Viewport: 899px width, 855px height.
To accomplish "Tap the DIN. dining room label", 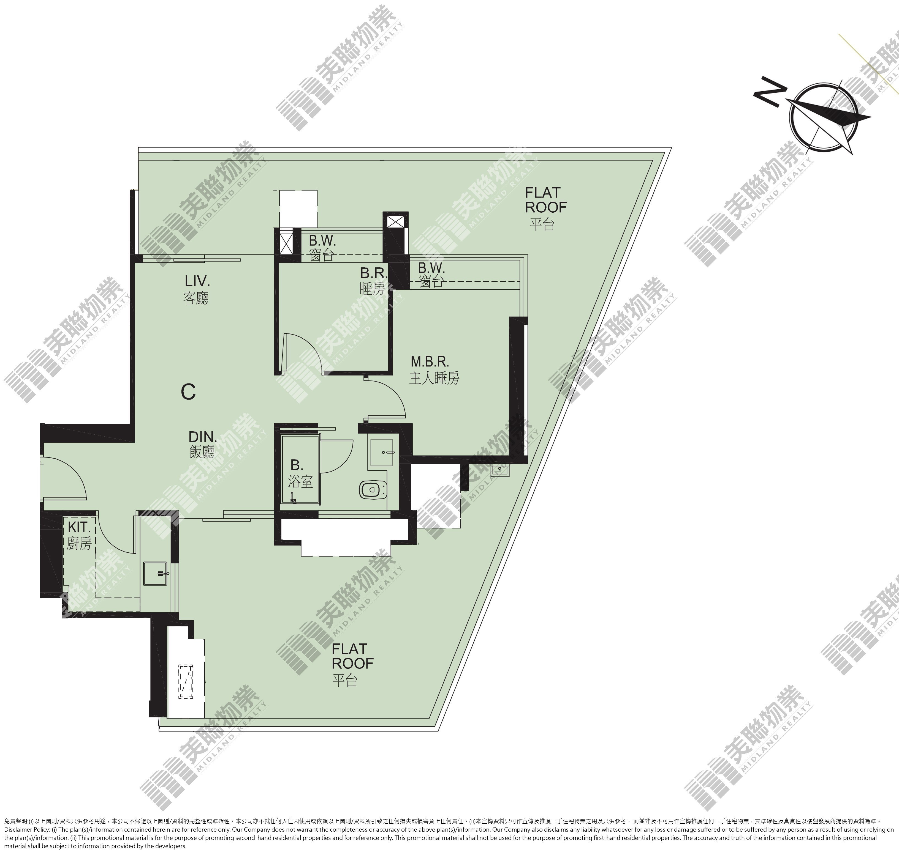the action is pyautogui.click(x=202, y=444).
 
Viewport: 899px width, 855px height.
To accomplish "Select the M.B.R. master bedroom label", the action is pyautogui.click(x=434, y=370).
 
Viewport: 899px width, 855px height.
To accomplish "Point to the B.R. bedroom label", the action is pyautogui.click(x=374, y=281).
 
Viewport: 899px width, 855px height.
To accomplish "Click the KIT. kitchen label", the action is pyautogui.click(x=80, y=536).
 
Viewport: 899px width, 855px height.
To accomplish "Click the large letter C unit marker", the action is pyautogui.click(x=188, y=391).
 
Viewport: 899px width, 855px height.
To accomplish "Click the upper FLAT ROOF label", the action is pyautogui.click(x=545, y=208).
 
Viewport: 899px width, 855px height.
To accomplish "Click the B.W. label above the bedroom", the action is pyautogui.click(x=322, y=248).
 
